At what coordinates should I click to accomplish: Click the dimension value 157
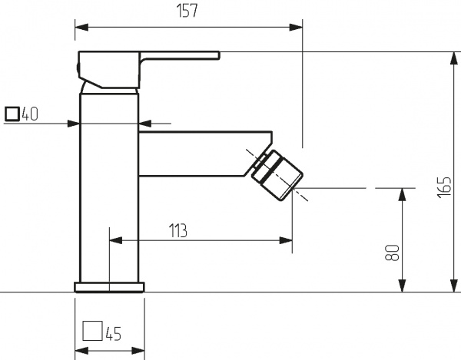point(187,12)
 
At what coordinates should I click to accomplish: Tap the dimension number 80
point(392,253)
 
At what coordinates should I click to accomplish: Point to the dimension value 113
point(178,230)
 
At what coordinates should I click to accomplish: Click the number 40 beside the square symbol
point(29,114)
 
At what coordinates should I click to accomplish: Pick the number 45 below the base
point(113,333)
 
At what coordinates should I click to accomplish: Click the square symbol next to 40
point(12,114)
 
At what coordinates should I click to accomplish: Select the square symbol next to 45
point(92,332)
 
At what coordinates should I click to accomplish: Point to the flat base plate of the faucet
point(109,288)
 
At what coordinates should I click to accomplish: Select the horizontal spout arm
point(200,154)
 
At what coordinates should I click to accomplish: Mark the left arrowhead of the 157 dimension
point(80,27)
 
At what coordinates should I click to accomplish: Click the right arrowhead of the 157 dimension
point(297,27)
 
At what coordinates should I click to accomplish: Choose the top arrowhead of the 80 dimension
point(401,192)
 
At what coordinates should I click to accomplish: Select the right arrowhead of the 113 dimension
point(287,240)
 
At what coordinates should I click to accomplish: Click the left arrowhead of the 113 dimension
point(115,240)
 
